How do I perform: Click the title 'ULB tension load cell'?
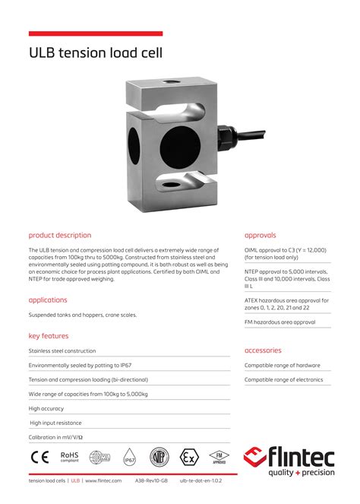tap(96, 53)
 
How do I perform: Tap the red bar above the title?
tap(96, 33)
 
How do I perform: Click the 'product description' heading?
tap(60, 235)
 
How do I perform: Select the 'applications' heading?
tap(48, 300)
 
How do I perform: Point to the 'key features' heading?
tap(49, 335)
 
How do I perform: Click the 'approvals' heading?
tap(261, 235)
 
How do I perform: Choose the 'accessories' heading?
tap(263, 350)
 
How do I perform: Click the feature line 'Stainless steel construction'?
tap(62, 350)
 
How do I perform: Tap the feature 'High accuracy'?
tap(47, 408)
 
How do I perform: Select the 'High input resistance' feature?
tap(56, 423)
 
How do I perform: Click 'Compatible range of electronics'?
tap(283, 379)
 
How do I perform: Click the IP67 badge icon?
tap(129, 458)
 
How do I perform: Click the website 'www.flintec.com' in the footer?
tap(103, 480)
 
